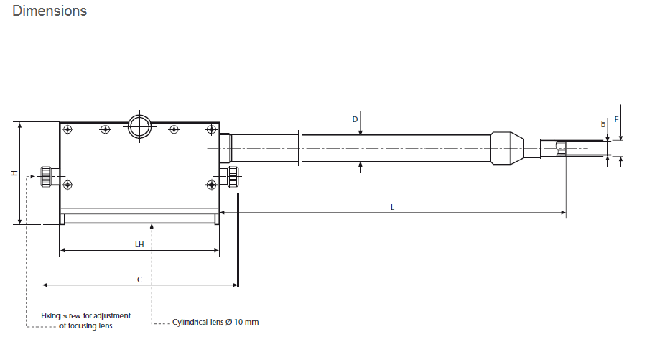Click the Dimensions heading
(50, 11)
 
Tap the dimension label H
(15, 173)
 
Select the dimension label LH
(139, 244)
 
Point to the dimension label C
(139, 280)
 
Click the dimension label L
(392, 207)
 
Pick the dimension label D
(355, 119)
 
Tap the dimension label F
(616, 119)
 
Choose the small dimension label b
(603, 124)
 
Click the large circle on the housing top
(139, 126)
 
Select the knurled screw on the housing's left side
(46, 177)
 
